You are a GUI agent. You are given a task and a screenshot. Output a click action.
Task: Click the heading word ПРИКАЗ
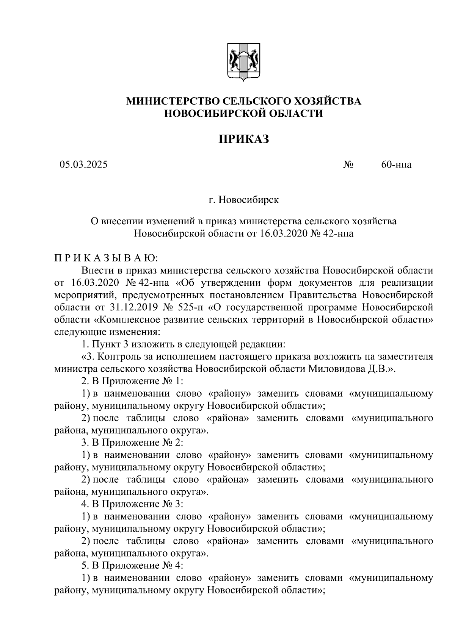point(243,139)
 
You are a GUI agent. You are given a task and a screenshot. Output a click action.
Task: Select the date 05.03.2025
point(83,164)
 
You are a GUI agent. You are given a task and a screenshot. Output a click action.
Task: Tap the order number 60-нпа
point(396,164)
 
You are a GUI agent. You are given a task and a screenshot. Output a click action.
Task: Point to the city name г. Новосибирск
point(243,200)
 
